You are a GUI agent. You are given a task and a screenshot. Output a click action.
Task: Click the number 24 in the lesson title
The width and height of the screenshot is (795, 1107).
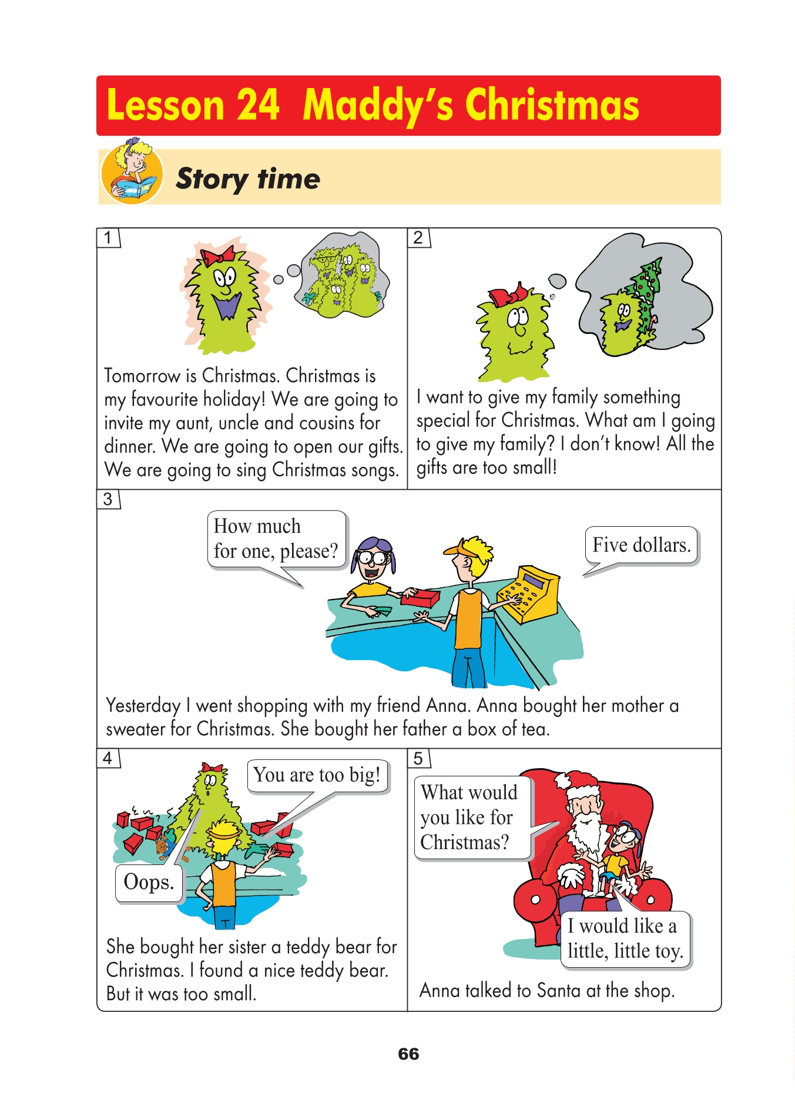(257, 106)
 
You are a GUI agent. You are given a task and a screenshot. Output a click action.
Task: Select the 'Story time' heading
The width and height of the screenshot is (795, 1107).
(248, 179)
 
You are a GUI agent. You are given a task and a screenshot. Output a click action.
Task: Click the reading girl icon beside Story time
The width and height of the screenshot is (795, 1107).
(132, 171)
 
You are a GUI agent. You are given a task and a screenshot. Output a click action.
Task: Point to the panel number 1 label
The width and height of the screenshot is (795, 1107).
(108, 238)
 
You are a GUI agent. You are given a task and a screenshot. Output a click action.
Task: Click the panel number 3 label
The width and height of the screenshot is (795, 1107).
(108, 499)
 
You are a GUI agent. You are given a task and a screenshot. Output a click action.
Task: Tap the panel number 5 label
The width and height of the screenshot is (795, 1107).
(418, 758)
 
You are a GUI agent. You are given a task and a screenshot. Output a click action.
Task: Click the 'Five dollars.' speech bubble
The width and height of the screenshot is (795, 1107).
(641, 546)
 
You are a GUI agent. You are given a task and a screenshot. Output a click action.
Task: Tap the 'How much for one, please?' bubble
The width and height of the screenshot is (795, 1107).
(276, 539)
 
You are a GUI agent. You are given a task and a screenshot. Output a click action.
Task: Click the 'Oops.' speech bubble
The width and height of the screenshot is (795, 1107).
(149, 883)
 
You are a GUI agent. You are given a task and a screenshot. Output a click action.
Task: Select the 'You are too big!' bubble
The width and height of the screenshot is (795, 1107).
(317, 775)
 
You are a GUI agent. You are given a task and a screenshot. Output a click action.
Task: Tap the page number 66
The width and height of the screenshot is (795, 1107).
(408, 1054)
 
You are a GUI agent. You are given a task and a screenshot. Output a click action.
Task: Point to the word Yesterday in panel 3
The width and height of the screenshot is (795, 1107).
(143, 706)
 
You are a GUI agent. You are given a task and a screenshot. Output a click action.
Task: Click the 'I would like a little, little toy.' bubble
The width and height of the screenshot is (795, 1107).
(625, 938)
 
